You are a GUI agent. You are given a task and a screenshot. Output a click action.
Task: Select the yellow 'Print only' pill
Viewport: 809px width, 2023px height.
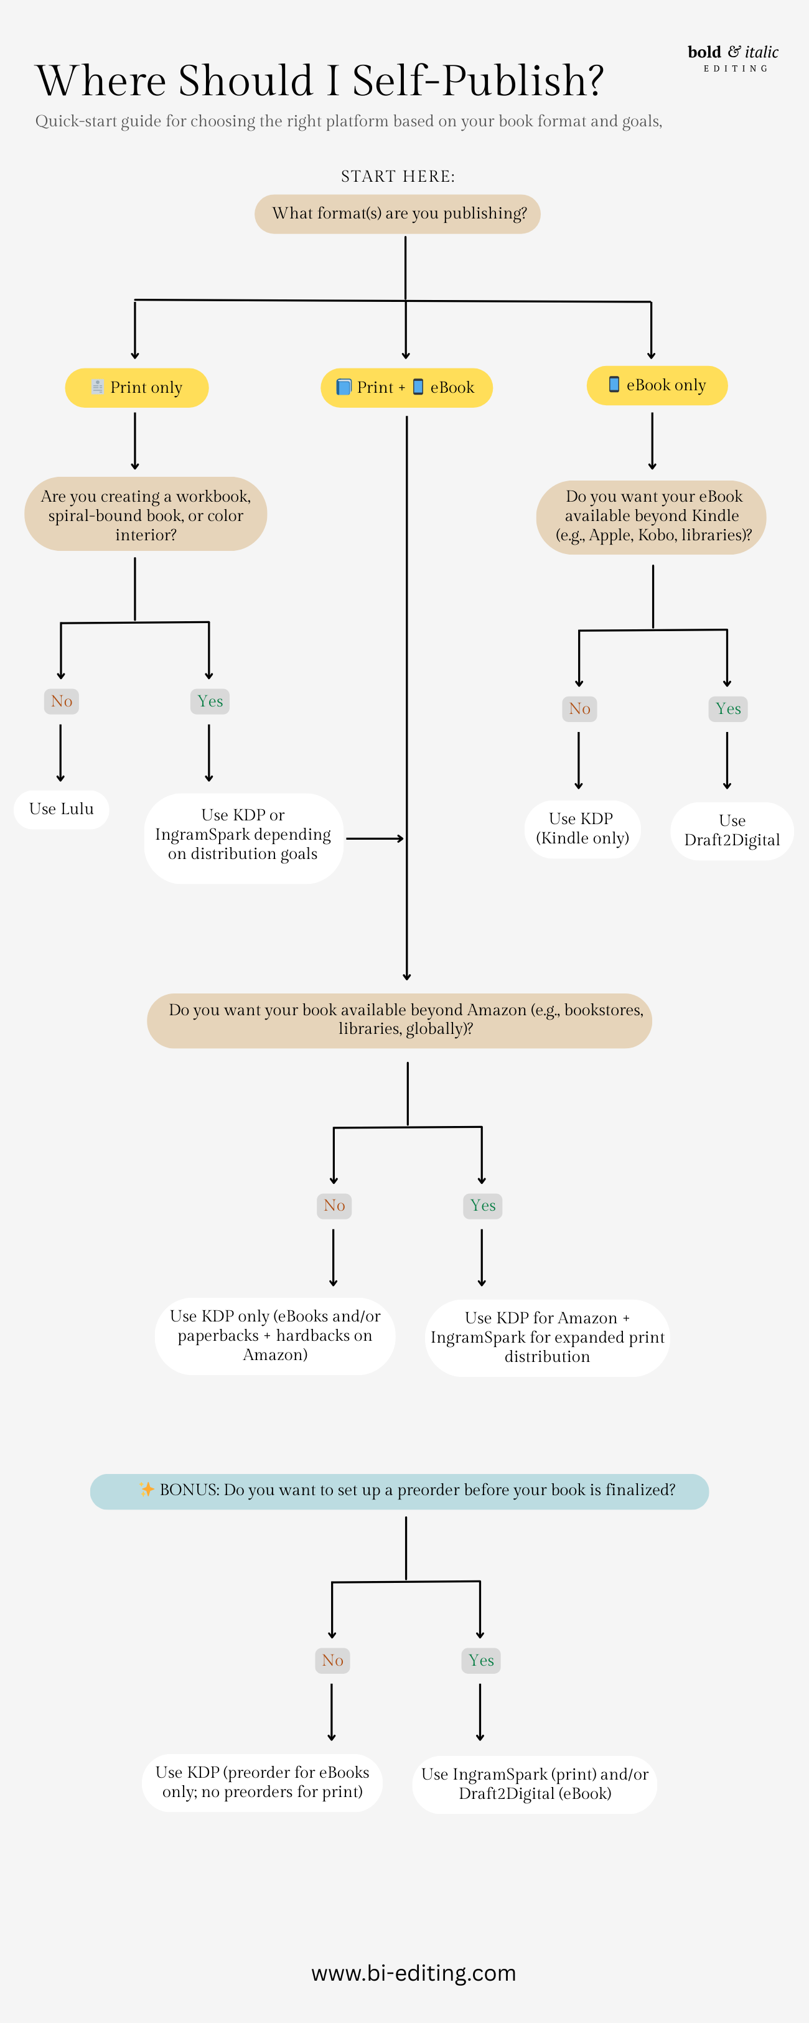[x=137, y=387]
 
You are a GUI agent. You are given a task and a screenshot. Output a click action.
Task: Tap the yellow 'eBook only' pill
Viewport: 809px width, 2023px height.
[x=657, y=385]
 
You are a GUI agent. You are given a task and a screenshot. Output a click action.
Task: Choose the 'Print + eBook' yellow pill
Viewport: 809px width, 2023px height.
[x=406, y=387]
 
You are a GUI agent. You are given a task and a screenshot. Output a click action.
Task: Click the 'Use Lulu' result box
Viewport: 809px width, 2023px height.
[x=61, y=809]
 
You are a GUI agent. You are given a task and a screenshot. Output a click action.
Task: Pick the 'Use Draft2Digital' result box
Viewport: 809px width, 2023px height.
[x=732, y=830]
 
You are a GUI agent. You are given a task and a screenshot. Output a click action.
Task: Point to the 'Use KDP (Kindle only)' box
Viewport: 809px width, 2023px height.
[x=582, y=828]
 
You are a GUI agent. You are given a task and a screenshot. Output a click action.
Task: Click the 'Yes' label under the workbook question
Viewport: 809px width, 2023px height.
[x=210, y=702]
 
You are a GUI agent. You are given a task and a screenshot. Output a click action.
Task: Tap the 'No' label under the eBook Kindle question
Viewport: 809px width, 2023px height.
[x=579, y=708]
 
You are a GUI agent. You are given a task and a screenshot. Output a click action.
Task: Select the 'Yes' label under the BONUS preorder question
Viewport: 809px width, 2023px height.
[x=480, y=1660]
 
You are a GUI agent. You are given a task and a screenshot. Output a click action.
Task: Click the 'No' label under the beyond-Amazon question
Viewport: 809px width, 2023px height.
[x=334, y=1206]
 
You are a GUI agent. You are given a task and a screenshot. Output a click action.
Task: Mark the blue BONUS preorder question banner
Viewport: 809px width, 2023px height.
[x=399, y=1491]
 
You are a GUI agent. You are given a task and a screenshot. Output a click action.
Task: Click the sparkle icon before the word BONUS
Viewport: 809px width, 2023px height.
[x=147, y=1489]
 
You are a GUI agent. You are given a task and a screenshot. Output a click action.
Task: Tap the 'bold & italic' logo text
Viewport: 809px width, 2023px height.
[x=733, y=53]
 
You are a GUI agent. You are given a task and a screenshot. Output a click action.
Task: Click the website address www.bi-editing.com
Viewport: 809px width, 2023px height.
[x=413, y=1973]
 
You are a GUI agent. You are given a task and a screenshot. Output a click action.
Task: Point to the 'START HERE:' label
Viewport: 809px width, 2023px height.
[x=398, y=176]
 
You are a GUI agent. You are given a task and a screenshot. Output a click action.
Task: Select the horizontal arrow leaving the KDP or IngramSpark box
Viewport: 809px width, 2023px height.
[x=375, y=838]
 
